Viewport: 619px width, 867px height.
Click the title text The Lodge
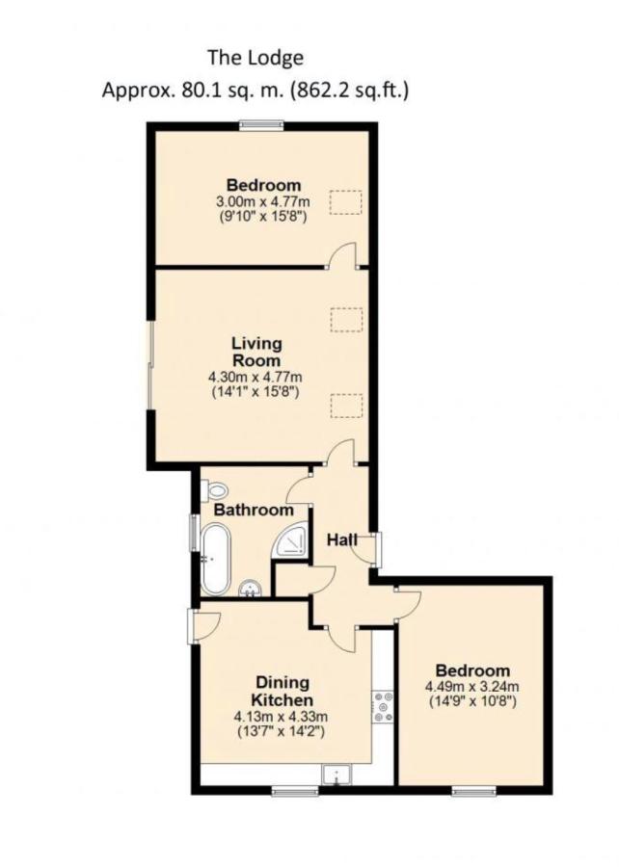(x=256, y=58)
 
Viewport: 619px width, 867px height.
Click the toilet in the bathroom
(x=217, y=489)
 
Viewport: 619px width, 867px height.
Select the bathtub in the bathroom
(x=215, y=559)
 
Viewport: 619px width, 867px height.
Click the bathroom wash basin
(x=251, y=589)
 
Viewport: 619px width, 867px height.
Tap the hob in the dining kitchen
(x=383, y=707)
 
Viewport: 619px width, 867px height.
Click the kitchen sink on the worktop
(x=335, y=775)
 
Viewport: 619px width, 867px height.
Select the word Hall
(x=341, y=539)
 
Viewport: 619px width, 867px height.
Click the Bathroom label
(x=254, y=510)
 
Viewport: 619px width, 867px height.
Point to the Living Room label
(x=256, y=352)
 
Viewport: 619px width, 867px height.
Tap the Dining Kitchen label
(x=283, y=691)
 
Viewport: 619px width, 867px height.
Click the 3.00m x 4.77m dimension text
(x=263, y=200)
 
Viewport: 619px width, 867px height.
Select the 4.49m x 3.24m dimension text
(x=471, y=687)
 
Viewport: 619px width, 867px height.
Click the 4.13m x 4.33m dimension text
(x=281, y=717)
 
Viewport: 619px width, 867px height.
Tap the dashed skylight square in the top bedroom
(x=346, y=202)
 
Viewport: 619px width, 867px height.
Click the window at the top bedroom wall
(x=261, y=126)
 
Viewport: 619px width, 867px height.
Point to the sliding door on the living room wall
(x=150, y=365)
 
